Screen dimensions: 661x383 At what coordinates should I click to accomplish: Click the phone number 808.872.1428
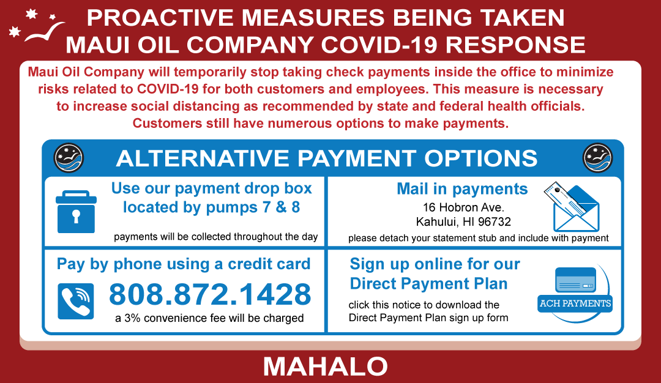point(210,294)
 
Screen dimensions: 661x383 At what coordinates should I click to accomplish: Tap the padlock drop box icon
point(77,212)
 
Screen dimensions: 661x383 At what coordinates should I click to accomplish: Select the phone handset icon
point(76,301)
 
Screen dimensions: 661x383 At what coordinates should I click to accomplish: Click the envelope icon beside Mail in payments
point(572,207)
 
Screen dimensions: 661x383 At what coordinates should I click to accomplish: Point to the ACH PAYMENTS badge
point(575,303)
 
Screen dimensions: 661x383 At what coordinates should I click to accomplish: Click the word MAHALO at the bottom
point(326,366)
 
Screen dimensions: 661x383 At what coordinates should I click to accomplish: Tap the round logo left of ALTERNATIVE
point(69,158)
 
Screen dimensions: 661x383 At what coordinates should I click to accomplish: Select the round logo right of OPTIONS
point(597,158)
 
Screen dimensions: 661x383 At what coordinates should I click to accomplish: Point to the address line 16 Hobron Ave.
point(463,208)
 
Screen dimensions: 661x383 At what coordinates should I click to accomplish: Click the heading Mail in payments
point(462,189)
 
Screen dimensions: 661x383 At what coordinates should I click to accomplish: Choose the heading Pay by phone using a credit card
point(184,264)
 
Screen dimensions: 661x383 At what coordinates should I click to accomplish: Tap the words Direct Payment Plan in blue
point(428,283)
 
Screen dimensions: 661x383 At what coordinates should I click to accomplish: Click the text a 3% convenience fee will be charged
point(209,318)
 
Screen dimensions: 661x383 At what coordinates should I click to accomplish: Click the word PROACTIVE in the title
point(160,18)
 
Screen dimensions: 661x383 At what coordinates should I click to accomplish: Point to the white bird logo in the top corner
point(37,26)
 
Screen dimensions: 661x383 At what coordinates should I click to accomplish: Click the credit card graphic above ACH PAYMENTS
point(575,280)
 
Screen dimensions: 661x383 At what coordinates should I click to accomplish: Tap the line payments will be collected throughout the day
point(216,237)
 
